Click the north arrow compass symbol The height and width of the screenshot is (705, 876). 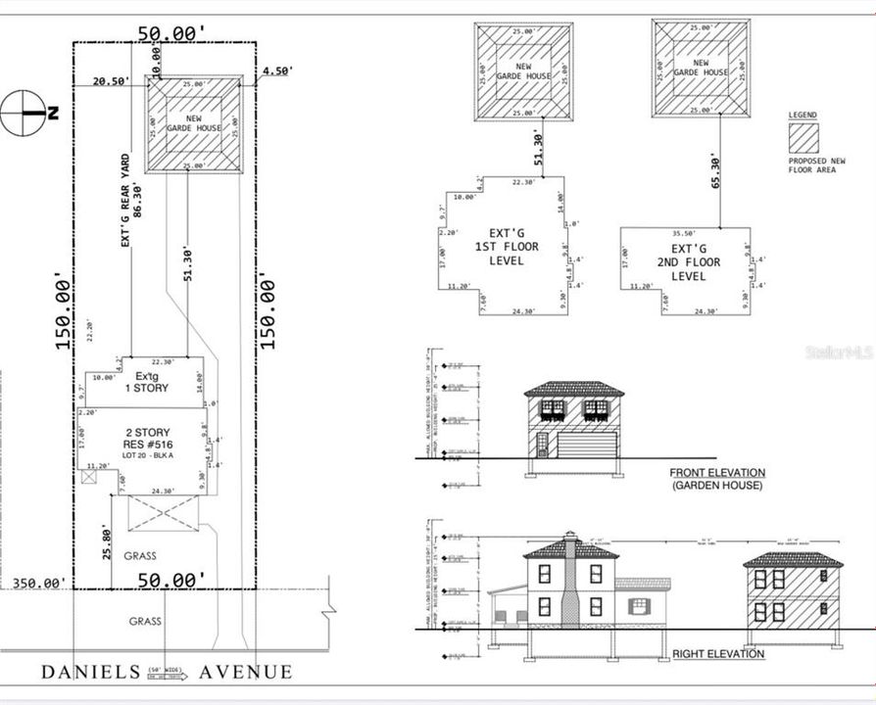pyautogui.click(x=24, y=113)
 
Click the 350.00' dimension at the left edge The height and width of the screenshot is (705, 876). pyautogui.click(x=39, y=583)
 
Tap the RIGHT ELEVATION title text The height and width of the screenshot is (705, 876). pyautogui.click(x=718, y=653)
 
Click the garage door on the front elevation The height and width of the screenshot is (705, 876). pyautogui.click(x=586, y=446)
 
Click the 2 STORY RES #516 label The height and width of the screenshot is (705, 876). pyautogui.click(x=147, y=440)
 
